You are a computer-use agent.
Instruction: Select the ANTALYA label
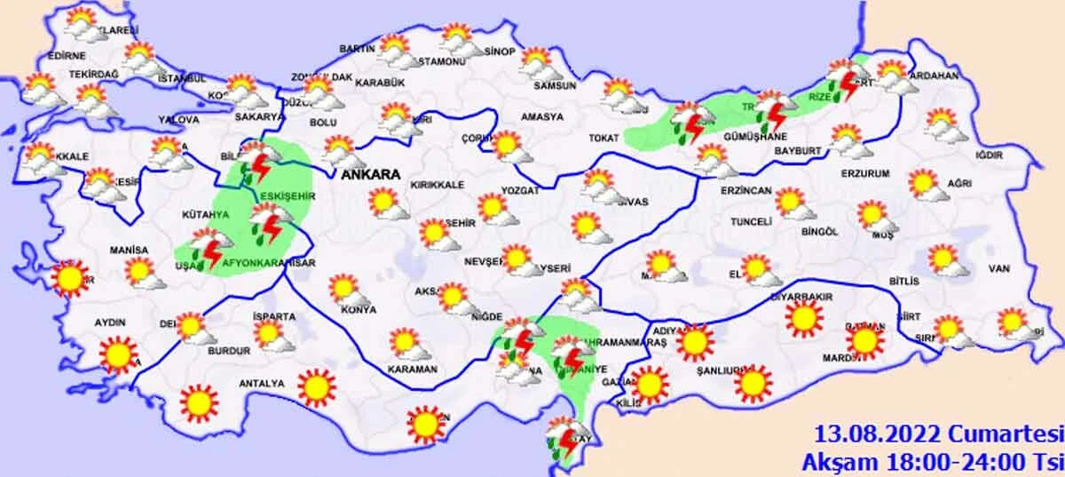(x=262, y=384)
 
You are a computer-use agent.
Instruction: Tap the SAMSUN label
(x=555, y=86)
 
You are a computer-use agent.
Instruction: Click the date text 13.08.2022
(x=870, y=434)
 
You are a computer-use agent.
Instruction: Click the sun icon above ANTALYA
(x=316, y=386)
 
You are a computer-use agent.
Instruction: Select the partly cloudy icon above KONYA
(x=344, y=289)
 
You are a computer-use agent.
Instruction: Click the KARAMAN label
(x=413, y=369)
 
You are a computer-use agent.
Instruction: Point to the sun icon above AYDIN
(x=117, y=354)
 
